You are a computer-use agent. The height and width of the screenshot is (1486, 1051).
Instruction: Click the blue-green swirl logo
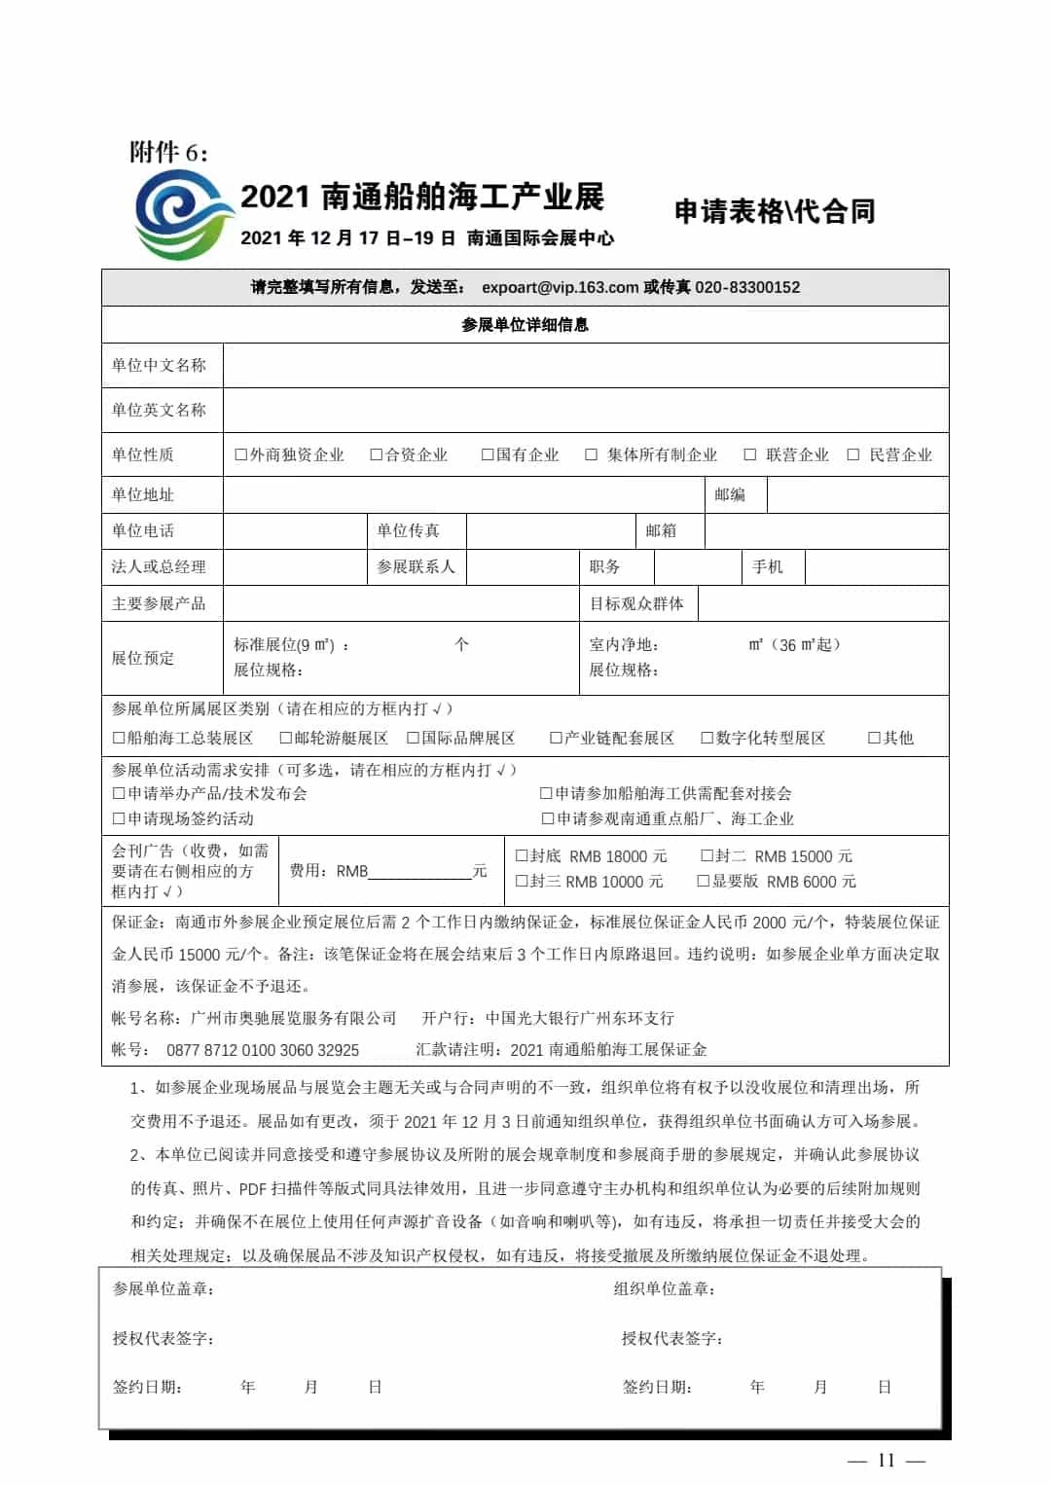184,214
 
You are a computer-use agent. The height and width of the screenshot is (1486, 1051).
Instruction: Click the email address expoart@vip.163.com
560,287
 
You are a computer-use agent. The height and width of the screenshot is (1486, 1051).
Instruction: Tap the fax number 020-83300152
747,287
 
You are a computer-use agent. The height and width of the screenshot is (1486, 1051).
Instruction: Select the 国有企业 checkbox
488,454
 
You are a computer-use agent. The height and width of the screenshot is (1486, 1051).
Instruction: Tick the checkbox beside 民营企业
853,454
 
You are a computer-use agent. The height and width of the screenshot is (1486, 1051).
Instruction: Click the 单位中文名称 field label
159,366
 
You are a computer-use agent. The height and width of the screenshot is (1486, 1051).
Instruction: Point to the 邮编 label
730,494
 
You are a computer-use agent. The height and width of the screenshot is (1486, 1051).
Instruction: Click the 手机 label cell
767,566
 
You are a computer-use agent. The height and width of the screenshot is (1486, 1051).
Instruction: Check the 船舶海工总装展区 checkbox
119,738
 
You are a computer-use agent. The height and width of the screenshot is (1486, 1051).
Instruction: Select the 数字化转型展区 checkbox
707,738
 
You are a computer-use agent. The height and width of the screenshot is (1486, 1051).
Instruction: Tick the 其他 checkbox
874,738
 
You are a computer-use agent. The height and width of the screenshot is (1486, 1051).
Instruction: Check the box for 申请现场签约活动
119,818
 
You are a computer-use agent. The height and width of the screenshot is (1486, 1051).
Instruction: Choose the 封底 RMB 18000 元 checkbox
522,855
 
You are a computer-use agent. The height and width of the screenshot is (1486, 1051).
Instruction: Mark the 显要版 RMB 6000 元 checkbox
704,881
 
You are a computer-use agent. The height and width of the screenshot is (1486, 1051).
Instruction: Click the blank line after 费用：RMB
419,873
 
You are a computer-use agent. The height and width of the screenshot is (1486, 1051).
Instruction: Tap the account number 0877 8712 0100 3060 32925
263,1050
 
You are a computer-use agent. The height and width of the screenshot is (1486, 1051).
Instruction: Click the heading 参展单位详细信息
525,325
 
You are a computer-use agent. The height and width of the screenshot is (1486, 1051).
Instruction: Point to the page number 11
886,1460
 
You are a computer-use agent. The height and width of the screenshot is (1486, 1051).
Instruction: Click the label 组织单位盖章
665,1288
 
